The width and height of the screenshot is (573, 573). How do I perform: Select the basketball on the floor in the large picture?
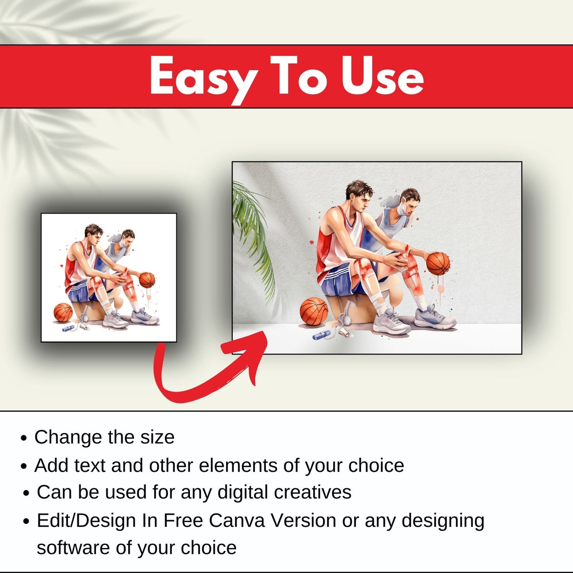click(x=314, y=311)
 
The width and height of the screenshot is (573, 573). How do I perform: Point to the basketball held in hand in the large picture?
click(x=438, y=263)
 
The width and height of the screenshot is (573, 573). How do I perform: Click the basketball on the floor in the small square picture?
click(x=63, y=312)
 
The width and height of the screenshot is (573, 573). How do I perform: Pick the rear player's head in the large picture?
click(x=410, y=201)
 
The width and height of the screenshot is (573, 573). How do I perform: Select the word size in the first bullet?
click(x=157, y=437)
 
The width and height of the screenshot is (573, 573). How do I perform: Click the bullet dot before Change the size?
click(x=24, y=438)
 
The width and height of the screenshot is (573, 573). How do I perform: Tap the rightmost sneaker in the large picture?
click(x=435, y=317)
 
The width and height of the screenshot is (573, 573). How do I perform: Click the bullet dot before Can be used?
click(x=27, y=493)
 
